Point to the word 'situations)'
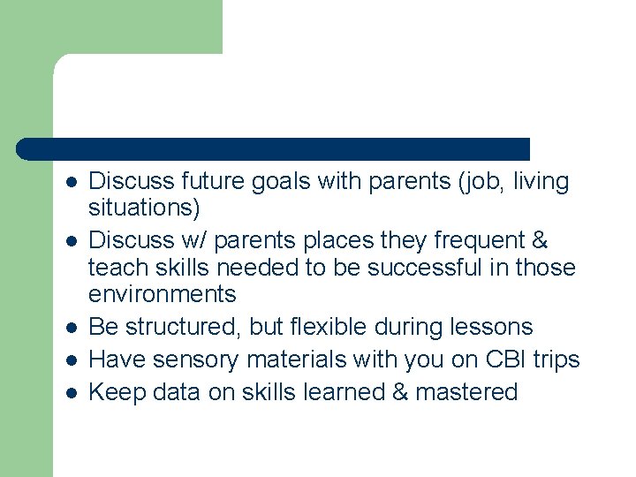[x=145, y=208]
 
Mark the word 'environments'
[x=163, y=293]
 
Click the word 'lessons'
[x=490, y=327]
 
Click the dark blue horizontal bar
[x=274, y=148]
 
